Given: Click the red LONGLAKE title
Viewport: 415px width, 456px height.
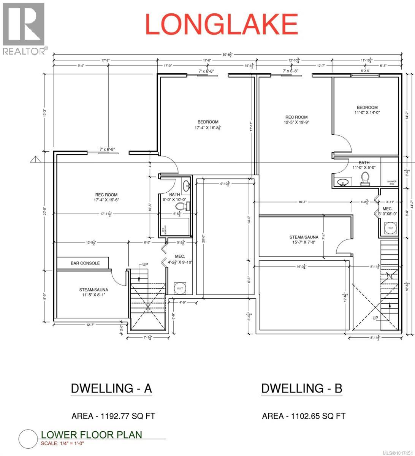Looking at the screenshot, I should point(221,24).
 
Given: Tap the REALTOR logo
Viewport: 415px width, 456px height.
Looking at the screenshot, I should point(24,28).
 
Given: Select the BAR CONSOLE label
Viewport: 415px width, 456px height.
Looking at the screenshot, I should point(85,263).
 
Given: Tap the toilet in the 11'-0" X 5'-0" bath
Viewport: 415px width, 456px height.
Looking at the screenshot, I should point(366,178).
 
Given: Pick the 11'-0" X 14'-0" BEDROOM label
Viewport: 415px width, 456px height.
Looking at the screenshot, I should point(367,110).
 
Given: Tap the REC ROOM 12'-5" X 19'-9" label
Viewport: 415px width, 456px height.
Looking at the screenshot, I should point(296,120).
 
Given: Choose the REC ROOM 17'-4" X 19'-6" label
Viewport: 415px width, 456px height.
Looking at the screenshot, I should point(106,197).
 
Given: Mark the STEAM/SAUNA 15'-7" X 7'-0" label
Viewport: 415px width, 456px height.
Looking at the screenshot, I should point(304,240).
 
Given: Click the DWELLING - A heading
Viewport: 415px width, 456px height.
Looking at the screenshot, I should point(111,388).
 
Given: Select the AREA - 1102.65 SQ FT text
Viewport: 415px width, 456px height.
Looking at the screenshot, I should point(304,416).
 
